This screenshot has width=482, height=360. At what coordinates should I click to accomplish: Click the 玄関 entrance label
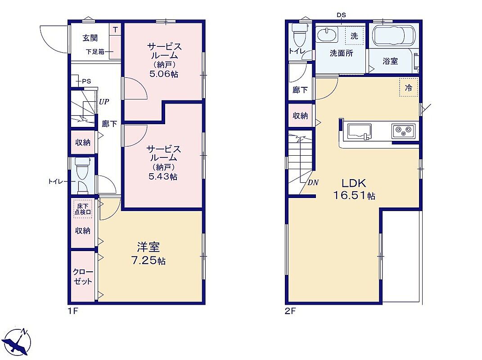pos(90,38)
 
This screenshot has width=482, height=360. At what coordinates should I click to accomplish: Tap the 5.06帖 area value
pos(164,74)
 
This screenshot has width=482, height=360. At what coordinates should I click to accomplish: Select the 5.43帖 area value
pos(163,177)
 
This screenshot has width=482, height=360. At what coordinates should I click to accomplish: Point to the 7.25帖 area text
pos(149,261)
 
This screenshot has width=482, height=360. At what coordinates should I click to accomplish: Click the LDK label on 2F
pos(354,184)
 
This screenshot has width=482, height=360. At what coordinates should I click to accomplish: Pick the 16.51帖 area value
pos(355,196)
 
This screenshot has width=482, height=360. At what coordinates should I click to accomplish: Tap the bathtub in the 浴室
pos(394,36)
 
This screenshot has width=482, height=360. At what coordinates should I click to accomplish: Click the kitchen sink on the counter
pos(359,131)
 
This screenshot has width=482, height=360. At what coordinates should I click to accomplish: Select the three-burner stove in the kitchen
pos(403,131)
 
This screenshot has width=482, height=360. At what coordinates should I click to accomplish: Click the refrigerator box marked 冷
pos(409,88)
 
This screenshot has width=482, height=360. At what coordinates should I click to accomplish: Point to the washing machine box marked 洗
pos(354,36)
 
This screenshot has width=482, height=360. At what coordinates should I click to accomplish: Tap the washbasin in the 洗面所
pos(326,35)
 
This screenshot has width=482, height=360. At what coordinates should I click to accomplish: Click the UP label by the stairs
pos(104,101)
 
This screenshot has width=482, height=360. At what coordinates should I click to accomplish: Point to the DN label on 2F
pos(313,183)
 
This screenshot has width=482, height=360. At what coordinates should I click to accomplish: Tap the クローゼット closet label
pos(83,277)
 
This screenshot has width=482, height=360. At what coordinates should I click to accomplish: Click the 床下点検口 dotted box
pos(83,209)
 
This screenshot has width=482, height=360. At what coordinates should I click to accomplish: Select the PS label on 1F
pos(87,81)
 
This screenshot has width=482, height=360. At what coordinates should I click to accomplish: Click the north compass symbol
pos(19,341)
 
